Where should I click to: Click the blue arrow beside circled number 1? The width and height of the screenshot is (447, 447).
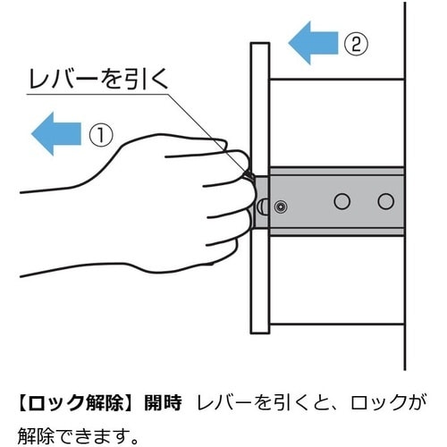(x=56, y=134)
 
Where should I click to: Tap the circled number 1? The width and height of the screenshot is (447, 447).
(x=101, y=136)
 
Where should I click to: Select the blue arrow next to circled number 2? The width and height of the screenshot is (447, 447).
(x=313, y=43)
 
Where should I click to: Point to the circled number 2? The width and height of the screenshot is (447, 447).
(x=356, y=44)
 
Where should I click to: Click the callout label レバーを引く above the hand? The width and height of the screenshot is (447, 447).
(x=98, y=80)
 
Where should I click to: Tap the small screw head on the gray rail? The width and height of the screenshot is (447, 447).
(x=281, y=207)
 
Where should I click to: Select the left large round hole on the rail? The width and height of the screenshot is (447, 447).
(x=342, y=201)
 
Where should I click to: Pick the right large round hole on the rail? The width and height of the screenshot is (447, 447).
(x=386, y=201)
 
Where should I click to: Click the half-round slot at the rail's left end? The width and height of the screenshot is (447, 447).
(x=263, y=207)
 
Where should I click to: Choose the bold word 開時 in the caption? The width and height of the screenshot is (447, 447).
(x=163, y=402)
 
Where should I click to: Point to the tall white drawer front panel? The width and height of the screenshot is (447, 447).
(x=260, y=188)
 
